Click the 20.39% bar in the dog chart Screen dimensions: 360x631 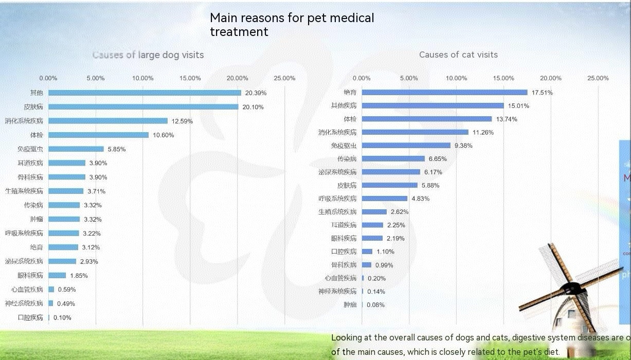point(145,93)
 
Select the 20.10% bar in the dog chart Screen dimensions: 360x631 point(143,107)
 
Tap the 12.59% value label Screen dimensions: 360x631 point(182,121)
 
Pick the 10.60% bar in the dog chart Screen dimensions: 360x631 point(98,135)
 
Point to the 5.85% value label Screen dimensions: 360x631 point(117,149)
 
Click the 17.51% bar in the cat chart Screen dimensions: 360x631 point(445,93)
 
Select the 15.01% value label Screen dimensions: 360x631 point(519,106)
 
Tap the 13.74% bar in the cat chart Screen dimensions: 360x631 point(427,119)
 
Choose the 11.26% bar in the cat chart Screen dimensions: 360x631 point(415,132)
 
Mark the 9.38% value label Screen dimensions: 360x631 point(463,146)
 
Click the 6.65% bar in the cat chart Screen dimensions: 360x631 point(393,159)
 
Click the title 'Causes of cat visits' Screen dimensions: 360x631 point(458,55)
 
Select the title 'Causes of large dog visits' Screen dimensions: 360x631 point(148,55)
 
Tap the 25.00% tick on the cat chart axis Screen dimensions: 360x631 point(598,78)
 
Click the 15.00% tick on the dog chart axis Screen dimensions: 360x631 point(190,78)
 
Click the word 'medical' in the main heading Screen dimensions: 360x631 point(355,18)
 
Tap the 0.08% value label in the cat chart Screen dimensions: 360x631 point(376,305)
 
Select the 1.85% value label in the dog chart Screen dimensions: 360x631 point(79,276)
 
